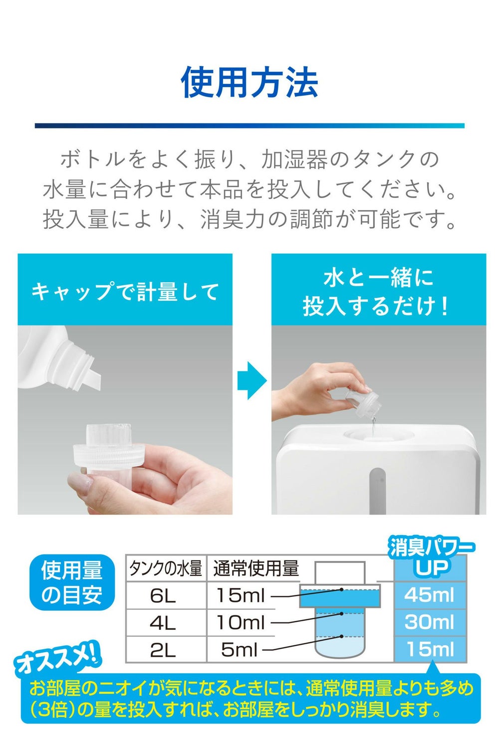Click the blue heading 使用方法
pyautogui.click(x=249, y=82)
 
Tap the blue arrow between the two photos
pyautogui.click(x=252, y=380)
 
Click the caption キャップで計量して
pyautogui.click(x=125, y=292)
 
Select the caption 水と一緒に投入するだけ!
pyautogui.click(x=378, y=292)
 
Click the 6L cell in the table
pyautogui.click(x=163, y=595)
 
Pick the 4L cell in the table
pyautogui.click(x=163, y=623)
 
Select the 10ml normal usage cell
pyautogui.click(x=241, y=623)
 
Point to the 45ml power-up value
pyautogui.click(x=430, y=595)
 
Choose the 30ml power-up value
pyautogui.click(x=430, y=622)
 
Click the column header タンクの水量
pyautogui.click(x=166, y=568)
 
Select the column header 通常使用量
pyautogui.click(x=256, y=568)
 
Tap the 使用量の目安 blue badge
pyautogui.click(x=72, y=582)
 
